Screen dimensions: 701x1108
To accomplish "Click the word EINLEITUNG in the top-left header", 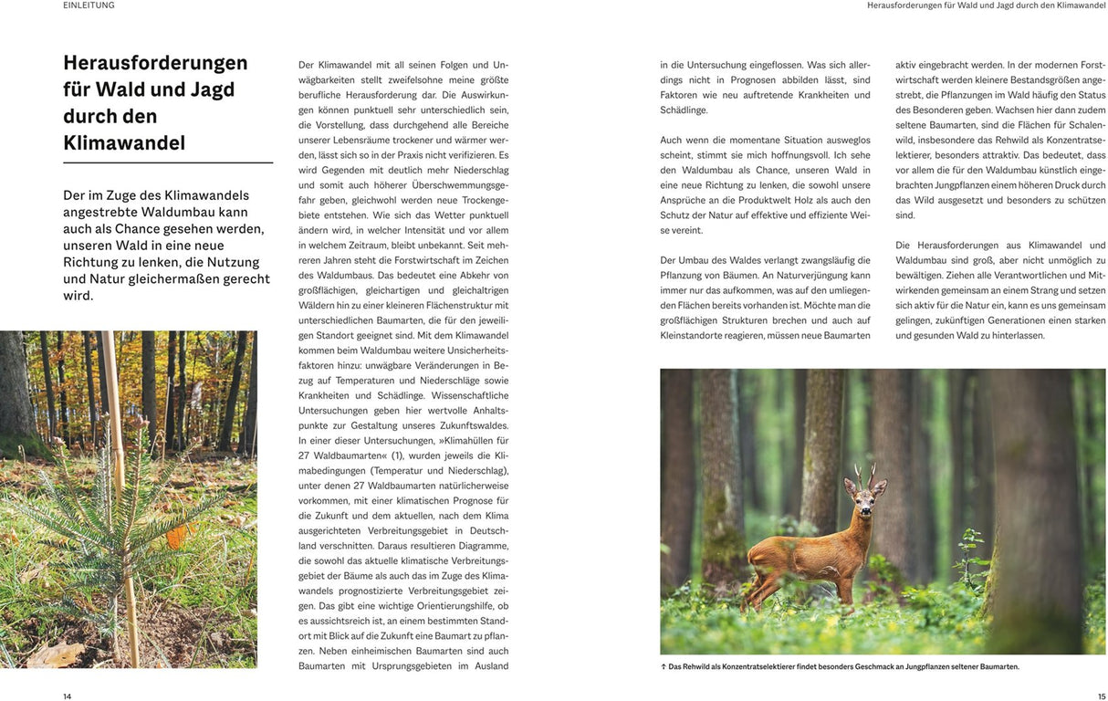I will (x=89, y=5).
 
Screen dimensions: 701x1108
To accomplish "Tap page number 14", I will (x=67, y=696).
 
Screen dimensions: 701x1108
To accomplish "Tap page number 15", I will (x=1101, y=696).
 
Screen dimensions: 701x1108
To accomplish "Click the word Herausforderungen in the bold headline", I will (x=155, y=63).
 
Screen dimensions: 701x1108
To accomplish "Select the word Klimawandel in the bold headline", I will (x=124, y=143).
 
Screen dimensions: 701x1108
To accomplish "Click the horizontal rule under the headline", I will (x=168, y=162).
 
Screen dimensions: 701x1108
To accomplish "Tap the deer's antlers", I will (x=863, y=475).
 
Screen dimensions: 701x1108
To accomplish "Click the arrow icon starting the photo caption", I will (x=664, y=666).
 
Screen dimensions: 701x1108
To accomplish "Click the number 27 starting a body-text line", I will (x=305, y=455).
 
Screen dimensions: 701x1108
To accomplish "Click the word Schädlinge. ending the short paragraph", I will (x=684, y=110).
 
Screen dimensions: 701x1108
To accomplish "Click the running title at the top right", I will (x=986, y=5).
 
